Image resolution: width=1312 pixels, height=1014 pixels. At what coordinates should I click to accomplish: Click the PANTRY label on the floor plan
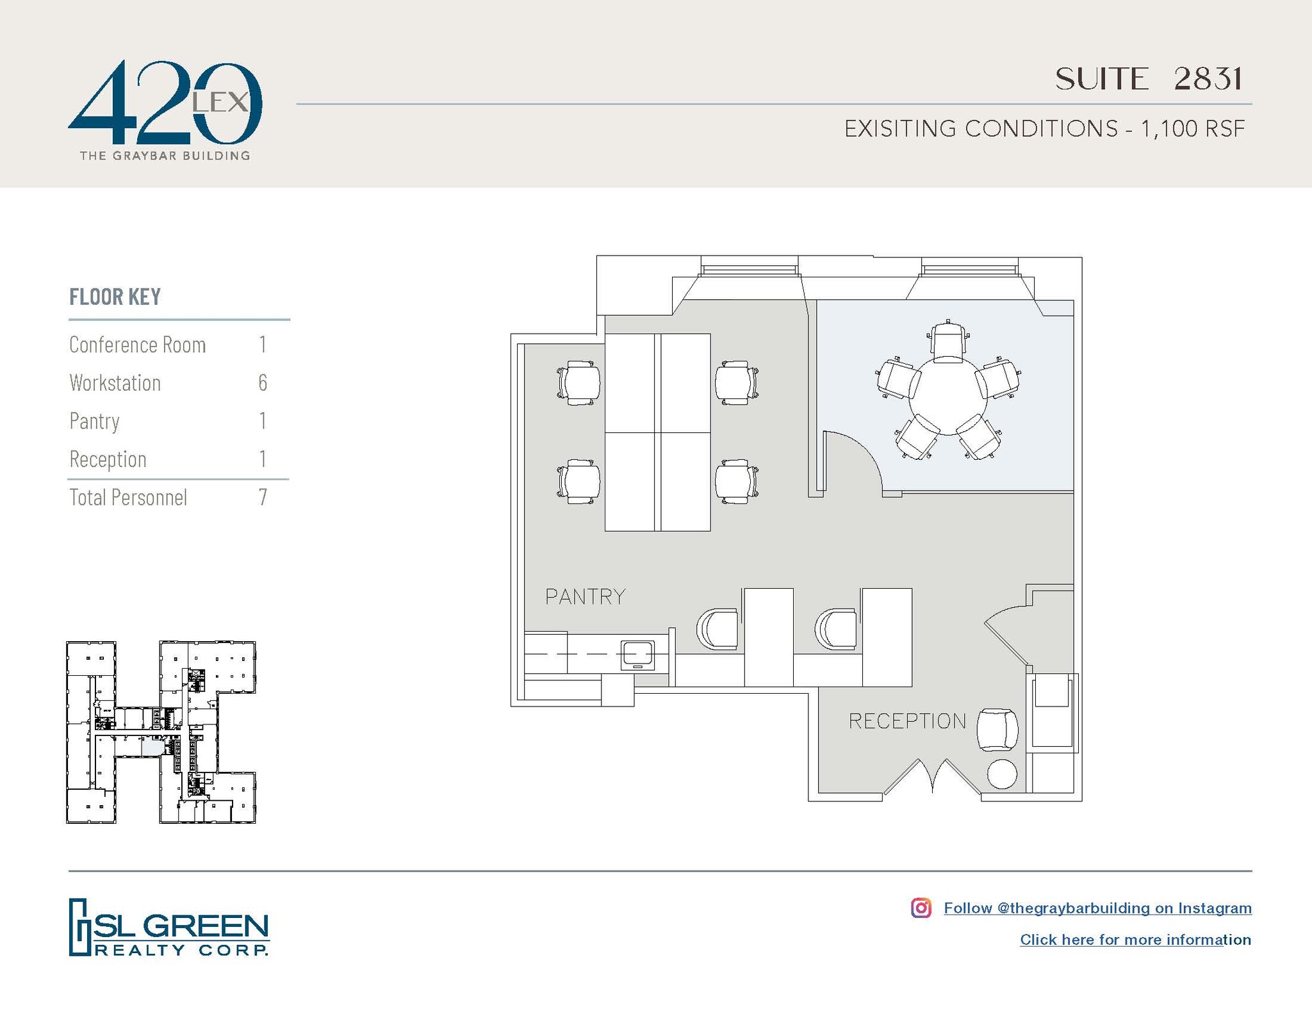(x=585, y=597)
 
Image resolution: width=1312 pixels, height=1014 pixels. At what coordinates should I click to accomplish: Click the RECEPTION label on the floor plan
(x=907, y=721)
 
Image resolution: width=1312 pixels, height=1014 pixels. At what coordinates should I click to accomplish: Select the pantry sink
(x=637, y=655)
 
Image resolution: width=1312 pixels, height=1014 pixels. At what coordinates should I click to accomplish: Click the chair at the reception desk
(x=997, y=730)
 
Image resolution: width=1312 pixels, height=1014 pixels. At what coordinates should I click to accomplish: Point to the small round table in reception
(x=1002, y=774)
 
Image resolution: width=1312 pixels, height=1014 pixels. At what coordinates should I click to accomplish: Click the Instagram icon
(x=921, y=908)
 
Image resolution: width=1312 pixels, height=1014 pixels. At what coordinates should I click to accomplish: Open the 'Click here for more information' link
(x=1135, y=940)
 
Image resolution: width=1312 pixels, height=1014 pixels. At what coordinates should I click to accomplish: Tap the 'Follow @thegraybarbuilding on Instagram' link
(x=1097, y=908)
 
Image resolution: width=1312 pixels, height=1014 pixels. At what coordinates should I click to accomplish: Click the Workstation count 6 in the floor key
(x=263, y=383)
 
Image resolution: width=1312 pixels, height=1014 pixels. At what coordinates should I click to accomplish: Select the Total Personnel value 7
(x=263, y=498)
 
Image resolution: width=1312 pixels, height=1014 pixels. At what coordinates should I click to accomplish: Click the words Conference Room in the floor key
(x=138, y=345)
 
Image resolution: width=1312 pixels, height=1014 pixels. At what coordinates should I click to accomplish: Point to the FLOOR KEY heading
(x=115, y=297)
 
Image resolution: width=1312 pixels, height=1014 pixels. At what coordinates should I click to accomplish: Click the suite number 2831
(x=1208, y=79)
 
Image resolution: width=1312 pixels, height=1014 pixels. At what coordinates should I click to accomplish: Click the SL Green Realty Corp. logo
(x=169, y=927)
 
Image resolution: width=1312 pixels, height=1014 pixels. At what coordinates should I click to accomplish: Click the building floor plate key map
(x=161, y=732)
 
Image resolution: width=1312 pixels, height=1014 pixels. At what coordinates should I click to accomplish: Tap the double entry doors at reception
(x=932, y=778)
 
